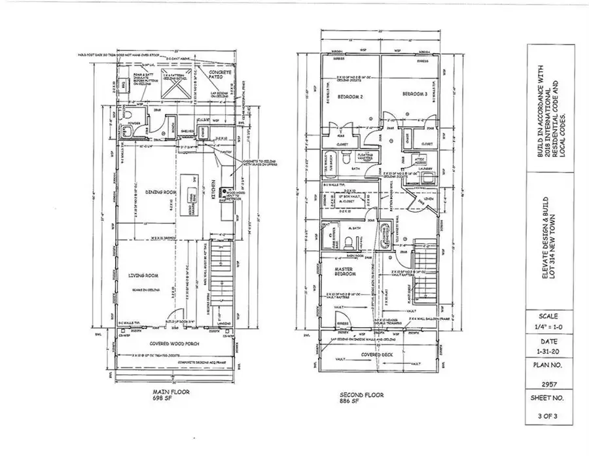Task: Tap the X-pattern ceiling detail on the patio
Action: (x=177, y=84)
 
